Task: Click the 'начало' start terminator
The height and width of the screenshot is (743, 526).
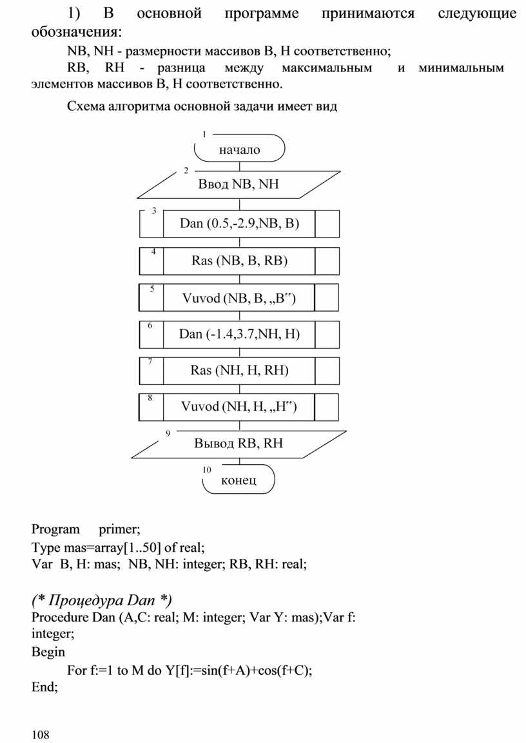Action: pyautogui.click(x=240, y=149)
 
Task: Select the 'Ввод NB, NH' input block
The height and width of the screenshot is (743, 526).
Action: pyautogui.click(x=239, y=185)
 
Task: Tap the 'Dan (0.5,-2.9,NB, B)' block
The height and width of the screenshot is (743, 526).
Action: pyautogui.click(x=239, y=224)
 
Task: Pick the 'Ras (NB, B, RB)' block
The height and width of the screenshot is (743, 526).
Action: pyautogui.click(x=239, y=261)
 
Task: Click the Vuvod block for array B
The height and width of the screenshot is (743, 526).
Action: pyautogui.click(x=239, y=298)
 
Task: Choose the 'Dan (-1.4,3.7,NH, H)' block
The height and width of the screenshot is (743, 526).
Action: pyautogui.click(x=239, y=334)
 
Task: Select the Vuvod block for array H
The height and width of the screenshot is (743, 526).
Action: pyautogui.click(x=239, y=406)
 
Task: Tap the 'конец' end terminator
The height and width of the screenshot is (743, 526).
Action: pyautogui.click(x=239, y=480)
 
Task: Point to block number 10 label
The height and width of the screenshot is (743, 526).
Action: pyautogui.click(x=206, y=471)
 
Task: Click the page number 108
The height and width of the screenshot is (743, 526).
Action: pyautogui.click(x=40, y=734)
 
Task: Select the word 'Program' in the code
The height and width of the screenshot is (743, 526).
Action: pyautogui.click(x=55, y=530)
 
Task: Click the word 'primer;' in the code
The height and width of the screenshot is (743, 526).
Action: pyautogui.click(x=119, y=530)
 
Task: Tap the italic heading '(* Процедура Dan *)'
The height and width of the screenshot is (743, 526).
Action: pyautogui.click(x=101, y=600)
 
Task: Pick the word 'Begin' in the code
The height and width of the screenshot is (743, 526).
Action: pyautogui.click(x=48, y=652)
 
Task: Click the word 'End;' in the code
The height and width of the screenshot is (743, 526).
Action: pyautogui.click(x=44, y=687)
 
